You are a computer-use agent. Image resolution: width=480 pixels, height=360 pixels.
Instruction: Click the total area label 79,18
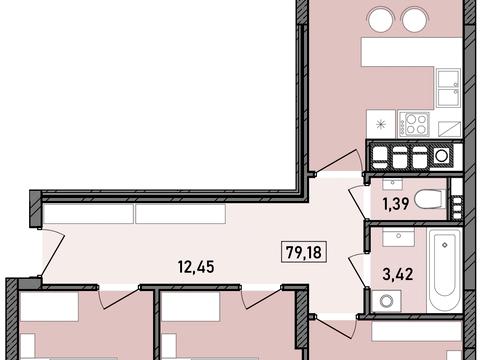tap(304, 252)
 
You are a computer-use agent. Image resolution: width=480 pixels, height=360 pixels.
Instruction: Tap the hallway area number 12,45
tap(196, 267)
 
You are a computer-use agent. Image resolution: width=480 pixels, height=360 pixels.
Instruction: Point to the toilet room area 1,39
tap(396, 203)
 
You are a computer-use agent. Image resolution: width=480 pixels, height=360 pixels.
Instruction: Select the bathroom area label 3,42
tap(398, 274)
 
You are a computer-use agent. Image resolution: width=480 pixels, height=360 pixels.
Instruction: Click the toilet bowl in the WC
tap(430, 200)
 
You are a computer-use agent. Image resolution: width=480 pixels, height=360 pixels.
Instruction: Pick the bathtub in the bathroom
tap(445, 270)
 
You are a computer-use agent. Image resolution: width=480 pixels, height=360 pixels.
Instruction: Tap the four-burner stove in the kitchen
tap(414, 124)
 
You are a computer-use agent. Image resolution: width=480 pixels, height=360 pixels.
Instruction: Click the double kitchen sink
tap(448, 88)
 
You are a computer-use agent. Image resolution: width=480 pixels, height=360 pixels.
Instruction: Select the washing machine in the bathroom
tap(386, 301)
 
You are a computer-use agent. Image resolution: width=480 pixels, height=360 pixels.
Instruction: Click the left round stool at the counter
tap(380, 19)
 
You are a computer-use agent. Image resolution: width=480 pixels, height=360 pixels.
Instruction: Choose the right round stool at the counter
tap(415, 19)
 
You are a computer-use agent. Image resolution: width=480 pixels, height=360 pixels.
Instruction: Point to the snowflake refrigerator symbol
tap(381, 125)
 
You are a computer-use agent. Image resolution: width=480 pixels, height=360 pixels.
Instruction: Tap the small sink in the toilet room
tap(393, 184)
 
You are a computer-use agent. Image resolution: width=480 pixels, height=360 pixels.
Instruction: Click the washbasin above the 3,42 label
tap(398, 236)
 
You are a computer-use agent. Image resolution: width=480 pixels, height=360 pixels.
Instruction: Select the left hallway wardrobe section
tap(88, 214)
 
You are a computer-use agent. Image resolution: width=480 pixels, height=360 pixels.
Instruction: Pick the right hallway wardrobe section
tap(180, 214)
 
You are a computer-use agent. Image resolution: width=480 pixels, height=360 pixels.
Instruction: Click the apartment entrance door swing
tap(54, 249)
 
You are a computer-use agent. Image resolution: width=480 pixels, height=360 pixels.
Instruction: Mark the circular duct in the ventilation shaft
tap(442, 155)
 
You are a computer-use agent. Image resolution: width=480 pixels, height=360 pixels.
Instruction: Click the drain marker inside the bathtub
tap(445, 245)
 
